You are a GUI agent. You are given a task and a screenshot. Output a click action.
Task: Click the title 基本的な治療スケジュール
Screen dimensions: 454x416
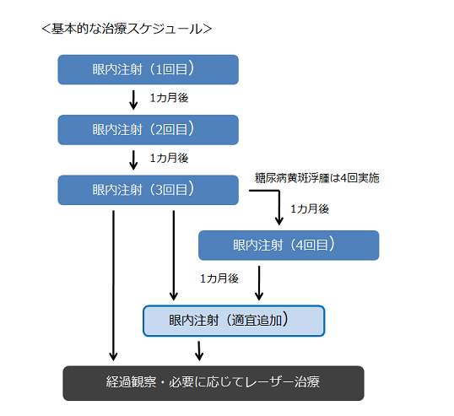point(127,29)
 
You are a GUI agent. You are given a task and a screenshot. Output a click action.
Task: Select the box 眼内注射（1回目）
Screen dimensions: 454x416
point(148,70)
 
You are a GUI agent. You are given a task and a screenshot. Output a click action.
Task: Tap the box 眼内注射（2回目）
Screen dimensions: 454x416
point(148,130)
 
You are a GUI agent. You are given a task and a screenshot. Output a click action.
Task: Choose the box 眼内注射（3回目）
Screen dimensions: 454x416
point(148,190)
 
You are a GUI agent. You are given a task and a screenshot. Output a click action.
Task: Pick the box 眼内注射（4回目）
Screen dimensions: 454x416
point(289,246)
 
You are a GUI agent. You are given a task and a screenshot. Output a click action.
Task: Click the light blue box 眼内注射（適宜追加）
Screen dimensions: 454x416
point(234,321)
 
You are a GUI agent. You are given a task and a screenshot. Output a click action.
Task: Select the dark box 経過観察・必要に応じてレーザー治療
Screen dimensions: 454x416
point(213,383)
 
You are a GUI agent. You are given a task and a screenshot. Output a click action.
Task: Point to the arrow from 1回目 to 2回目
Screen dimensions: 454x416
point(133,100)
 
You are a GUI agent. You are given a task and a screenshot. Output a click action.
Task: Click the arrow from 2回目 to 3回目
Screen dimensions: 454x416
point(133,160)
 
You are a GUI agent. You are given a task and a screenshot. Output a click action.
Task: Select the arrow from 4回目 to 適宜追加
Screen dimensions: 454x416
point(259,284)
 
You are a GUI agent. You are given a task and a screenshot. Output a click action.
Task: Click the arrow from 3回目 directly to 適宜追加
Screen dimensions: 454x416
point(174,256)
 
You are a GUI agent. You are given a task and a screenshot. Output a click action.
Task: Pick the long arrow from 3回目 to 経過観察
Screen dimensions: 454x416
point(113,286)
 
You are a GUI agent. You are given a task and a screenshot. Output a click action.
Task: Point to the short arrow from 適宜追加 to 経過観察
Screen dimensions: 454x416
point(199,351)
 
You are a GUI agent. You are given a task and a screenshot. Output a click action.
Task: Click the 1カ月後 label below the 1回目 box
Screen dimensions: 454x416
point(169,98)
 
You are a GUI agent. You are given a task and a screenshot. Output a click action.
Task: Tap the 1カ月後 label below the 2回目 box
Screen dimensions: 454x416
point(169,159)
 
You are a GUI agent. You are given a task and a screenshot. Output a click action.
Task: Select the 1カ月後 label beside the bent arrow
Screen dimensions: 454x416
point(310,209)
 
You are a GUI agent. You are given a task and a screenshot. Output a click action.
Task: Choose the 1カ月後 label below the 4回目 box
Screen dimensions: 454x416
point(219,278)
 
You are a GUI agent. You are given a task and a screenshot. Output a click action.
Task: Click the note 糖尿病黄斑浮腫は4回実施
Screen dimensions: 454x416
point(316,178)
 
